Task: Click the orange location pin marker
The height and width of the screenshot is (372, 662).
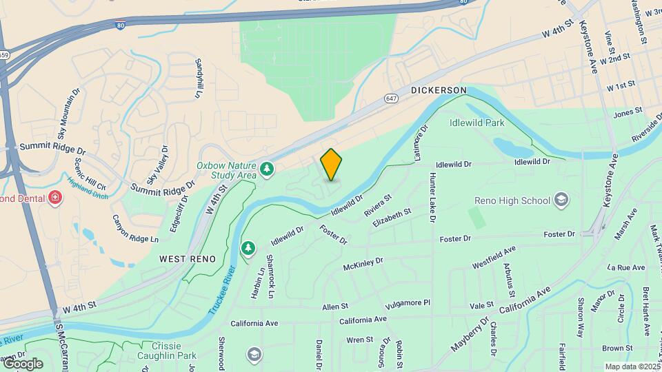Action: pyautogui.click(x=332, y=164)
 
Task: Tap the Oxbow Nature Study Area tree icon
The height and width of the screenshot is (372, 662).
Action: pyautogui.click(x=267, y=168)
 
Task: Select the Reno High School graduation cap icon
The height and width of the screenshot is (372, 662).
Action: pyautogui.click(x=562, y=200)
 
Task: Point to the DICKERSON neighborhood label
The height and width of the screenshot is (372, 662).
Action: pyautogui.click(x=439, y=90)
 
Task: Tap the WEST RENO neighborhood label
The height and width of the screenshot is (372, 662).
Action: pyautogui.click(x=188, y=258)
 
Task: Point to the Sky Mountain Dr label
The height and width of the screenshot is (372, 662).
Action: pyautogui.click(x=67, y=118)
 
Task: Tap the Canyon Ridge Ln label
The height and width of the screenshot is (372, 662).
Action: pyautogui.click(x=134, y=229)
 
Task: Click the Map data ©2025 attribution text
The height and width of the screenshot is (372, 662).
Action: pyautogui.click(x=632, y=366)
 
